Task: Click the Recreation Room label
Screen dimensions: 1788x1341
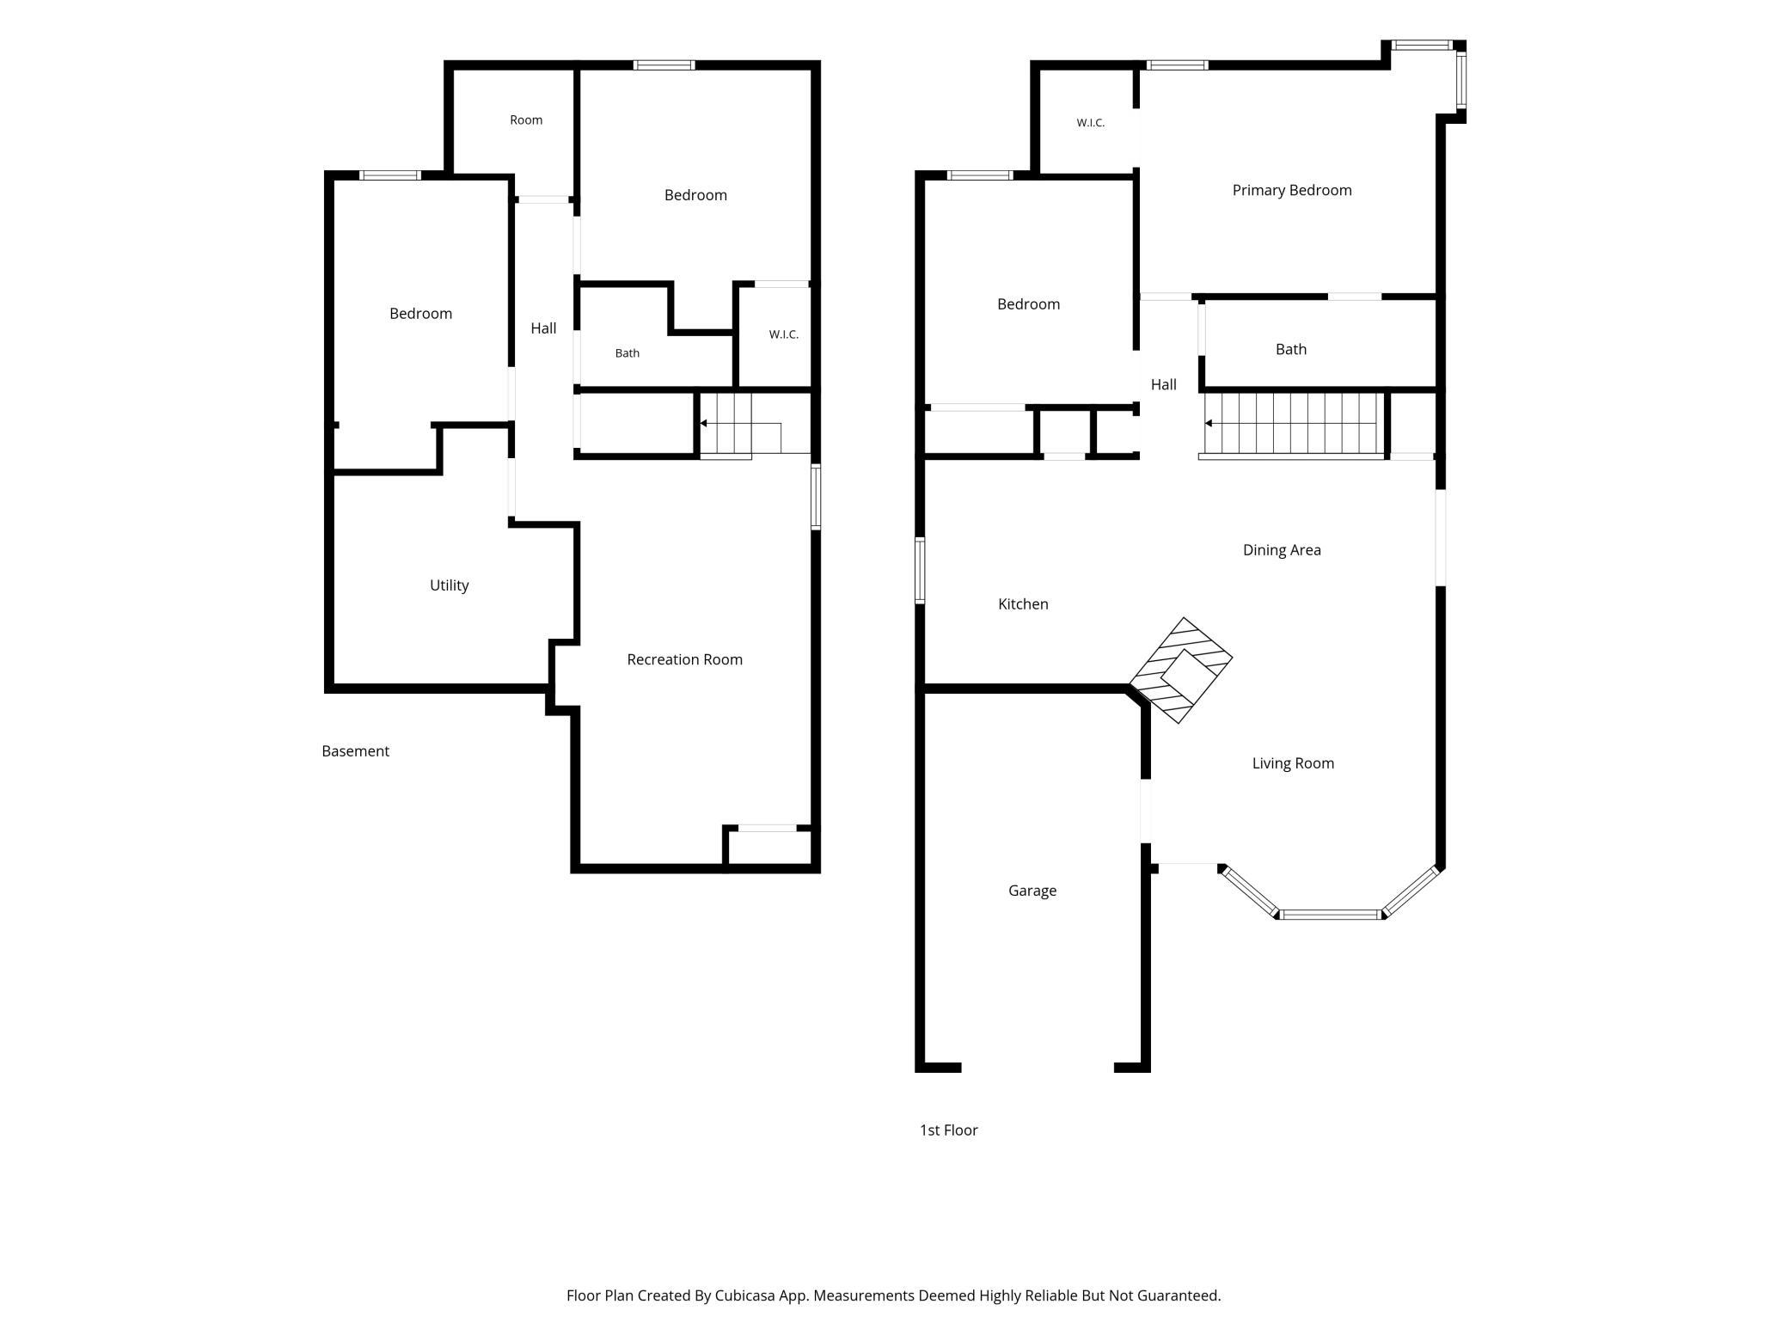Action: (684, 659)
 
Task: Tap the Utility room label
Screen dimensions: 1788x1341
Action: (449, 585)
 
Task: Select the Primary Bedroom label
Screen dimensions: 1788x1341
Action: (1292, 190)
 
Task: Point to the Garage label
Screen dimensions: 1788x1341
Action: (1032, 891)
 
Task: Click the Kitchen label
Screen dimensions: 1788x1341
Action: (1023, 604)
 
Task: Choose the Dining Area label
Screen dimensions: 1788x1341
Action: (1282, 550)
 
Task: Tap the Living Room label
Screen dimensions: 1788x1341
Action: (1293, 763)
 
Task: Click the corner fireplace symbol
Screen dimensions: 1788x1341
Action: (1181, 670)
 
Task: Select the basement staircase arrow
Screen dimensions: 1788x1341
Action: (740, 424)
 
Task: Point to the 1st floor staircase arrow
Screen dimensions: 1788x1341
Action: (1293, 423)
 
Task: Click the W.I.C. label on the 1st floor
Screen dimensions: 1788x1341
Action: (1090, 123)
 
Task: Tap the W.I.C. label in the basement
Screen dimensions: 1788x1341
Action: (783, 334)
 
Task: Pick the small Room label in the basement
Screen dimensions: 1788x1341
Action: (526, 120)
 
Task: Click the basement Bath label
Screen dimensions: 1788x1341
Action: (628, 353)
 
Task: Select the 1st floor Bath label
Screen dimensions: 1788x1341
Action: (1291, 349)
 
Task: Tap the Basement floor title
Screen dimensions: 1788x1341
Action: (355, 751)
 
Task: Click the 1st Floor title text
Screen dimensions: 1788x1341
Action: (949, 1130)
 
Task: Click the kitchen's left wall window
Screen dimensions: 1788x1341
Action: (920, 570)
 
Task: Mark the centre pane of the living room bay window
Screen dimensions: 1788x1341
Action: (1330, 915)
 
